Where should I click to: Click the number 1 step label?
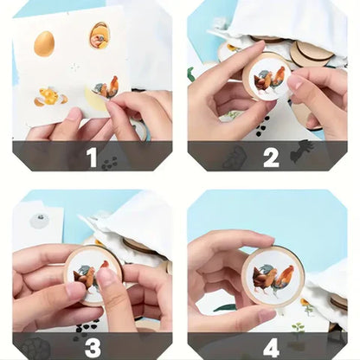91,157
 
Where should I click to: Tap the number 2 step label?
271,157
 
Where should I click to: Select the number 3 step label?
91,347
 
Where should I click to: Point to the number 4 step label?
271,347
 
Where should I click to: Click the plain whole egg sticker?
44,43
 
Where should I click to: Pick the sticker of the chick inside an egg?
100,35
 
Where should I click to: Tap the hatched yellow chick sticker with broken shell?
49,96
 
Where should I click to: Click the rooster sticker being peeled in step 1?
106,87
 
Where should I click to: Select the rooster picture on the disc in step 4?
273,277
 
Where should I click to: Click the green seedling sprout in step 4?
298,331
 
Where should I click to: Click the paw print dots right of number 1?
110,161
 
